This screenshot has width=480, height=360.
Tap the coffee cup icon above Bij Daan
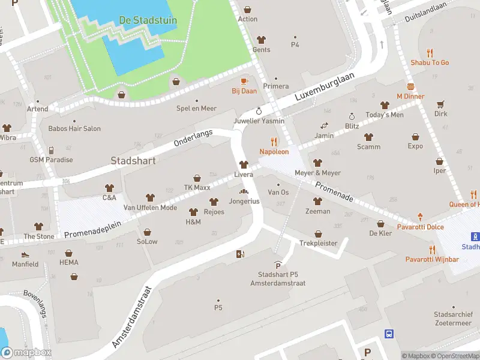[244, 81]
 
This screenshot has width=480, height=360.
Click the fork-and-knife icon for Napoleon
[274, 142]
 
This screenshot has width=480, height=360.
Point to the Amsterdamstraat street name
[133, 316]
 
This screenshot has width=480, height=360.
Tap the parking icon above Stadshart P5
[278, 265]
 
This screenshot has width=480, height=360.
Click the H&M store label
[193, 223]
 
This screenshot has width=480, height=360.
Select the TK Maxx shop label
[197, 188]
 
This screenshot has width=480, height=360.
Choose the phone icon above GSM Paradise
[52, 150]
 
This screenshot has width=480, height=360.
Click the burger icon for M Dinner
[410, 86]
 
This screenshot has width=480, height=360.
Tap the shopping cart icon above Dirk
[441, 104]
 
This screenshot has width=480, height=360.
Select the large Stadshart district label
[133, 161]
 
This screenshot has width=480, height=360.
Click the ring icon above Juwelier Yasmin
[259, 111]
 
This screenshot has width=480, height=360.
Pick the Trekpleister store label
[318, 243]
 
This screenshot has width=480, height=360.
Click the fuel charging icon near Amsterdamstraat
[241, 254]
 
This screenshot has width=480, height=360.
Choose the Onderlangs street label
[193, 139]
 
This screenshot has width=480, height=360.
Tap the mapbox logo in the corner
[27, 353]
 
